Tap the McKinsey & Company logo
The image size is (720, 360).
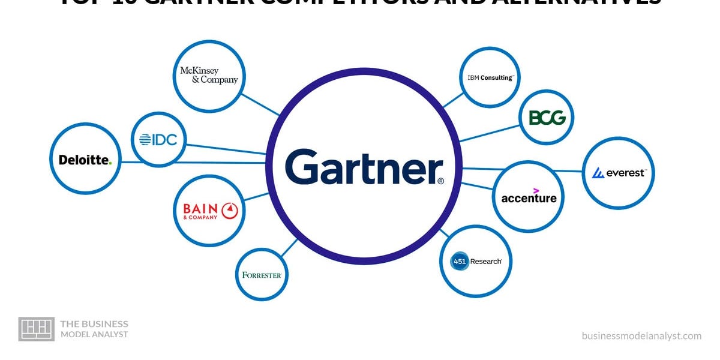pos(209,76)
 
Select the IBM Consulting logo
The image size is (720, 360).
pos(490,77)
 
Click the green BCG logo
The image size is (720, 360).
pos(547,117)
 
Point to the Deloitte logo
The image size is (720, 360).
pos(85,160)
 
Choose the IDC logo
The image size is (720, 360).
pos(158,140)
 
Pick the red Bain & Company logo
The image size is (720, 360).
pos(209,210)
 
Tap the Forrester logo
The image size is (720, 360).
pos(262,275)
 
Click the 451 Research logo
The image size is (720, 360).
pos(476,261)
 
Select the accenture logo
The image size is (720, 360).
pos(529,197)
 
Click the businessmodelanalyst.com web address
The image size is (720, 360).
pos(641,336)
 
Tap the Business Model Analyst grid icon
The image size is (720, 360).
pos(37,329)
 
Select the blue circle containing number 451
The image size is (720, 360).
pos(460,261)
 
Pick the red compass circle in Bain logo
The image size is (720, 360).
pos(230,210)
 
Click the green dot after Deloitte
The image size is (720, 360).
pos(110,163)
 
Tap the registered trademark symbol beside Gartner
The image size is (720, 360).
pos(441,181)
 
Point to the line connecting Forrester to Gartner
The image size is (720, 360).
pos(289,248)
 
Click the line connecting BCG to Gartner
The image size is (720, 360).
pos(489,133)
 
